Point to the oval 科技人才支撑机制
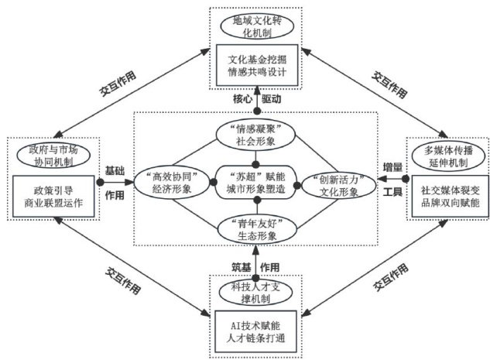tap(248, 292)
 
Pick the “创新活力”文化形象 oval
tap(329, 183)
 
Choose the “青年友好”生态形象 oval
tap(248, 229)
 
